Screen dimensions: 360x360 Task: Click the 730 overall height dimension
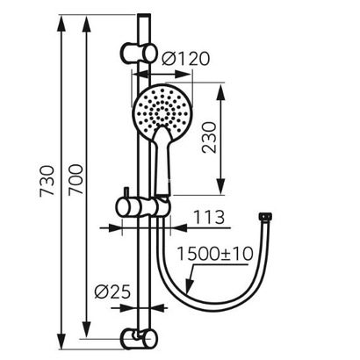point(47,181)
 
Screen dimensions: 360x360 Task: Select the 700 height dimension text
point(76,179)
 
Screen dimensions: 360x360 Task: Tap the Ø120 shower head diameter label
point(185,59)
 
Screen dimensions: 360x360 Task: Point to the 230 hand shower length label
point(209,138)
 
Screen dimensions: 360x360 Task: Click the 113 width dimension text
point(209,217)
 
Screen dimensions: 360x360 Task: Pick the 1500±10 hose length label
point(215,254)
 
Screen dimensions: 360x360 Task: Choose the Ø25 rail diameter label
point(112,292)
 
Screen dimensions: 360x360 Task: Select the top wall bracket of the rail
point(138,53)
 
